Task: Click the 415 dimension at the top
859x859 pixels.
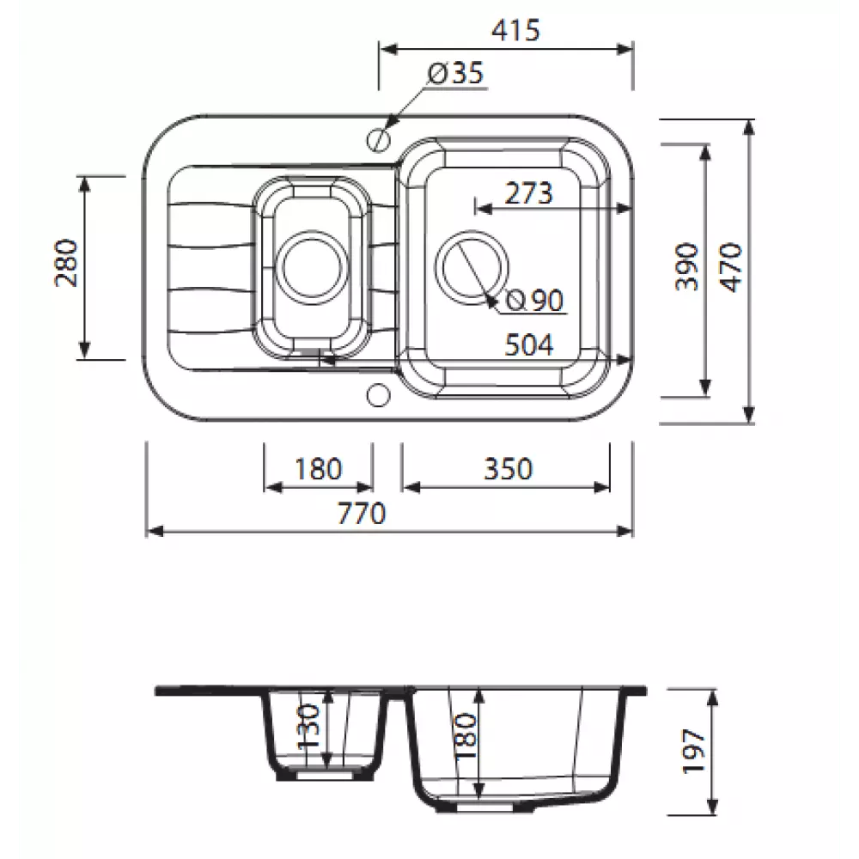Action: pyautogui.click(x=515, y=30)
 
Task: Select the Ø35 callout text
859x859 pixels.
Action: pyautogui.click(x=456, y=73)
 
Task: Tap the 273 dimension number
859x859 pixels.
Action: pyautogui.click(x=528, y=193)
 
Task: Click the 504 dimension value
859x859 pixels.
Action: pyautogui.click(x=528, y=345)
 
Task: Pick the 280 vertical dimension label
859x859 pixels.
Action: pyautogui.click(x=66, y=263)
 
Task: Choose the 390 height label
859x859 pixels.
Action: pyautogui.click(x=687, y=267)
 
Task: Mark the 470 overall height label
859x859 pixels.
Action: pyautogui.click(x=731, y=268)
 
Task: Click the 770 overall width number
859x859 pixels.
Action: pyautogui.click(x=362, y=514)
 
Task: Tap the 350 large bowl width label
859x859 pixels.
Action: pyautogui.click(x=508, y=469)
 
